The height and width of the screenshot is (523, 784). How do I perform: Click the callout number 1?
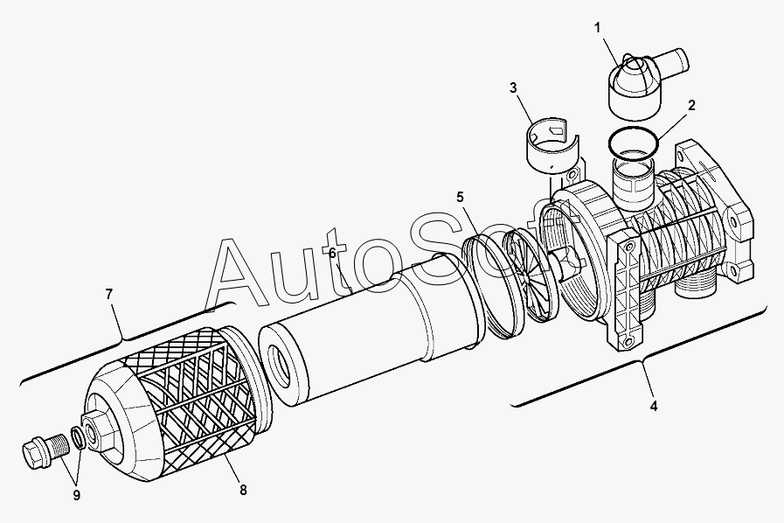(x=597, y=28)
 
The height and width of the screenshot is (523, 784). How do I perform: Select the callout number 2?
(x=691, y=106)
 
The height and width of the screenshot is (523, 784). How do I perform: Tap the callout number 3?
(x=513, y=88)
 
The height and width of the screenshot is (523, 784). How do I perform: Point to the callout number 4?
(x=654, y=406)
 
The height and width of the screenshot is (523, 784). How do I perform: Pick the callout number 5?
(x=460, y=197)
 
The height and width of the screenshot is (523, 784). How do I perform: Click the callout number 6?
(x=333, y=254)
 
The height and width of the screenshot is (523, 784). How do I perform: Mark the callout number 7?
(x=109, y=294)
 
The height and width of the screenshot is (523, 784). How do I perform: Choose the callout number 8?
(x=243, y=490)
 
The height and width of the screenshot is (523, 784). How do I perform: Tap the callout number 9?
(x=77, y=495)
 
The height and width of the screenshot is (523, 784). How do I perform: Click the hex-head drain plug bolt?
(x=44, y=448)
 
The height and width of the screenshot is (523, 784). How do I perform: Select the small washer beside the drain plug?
(x=78, y=437)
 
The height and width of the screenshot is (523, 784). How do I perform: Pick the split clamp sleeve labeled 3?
(x=553, y=144)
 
